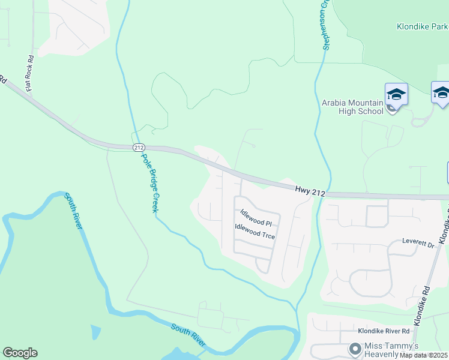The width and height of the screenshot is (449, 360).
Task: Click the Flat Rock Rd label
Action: pyautogui.click(x=28, y=73)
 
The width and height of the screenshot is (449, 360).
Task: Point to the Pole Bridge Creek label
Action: pyautogui.click(x=149, y=181)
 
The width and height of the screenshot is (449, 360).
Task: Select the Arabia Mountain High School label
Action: pyautogui.click(x=352, y=107)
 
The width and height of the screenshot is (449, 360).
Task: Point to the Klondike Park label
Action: pyautogui.click(x=421, y=26)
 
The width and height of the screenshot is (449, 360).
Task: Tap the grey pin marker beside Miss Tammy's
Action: pyautogui.click(x=355, y=348)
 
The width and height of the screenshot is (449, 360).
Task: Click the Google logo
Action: pyautogui.click(x=20, y=353)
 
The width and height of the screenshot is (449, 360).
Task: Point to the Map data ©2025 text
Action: pyautogui.click(x=424, y=355)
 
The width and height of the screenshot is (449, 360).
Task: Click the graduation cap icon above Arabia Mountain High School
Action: pyautogui.click(x=396, y=94)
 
